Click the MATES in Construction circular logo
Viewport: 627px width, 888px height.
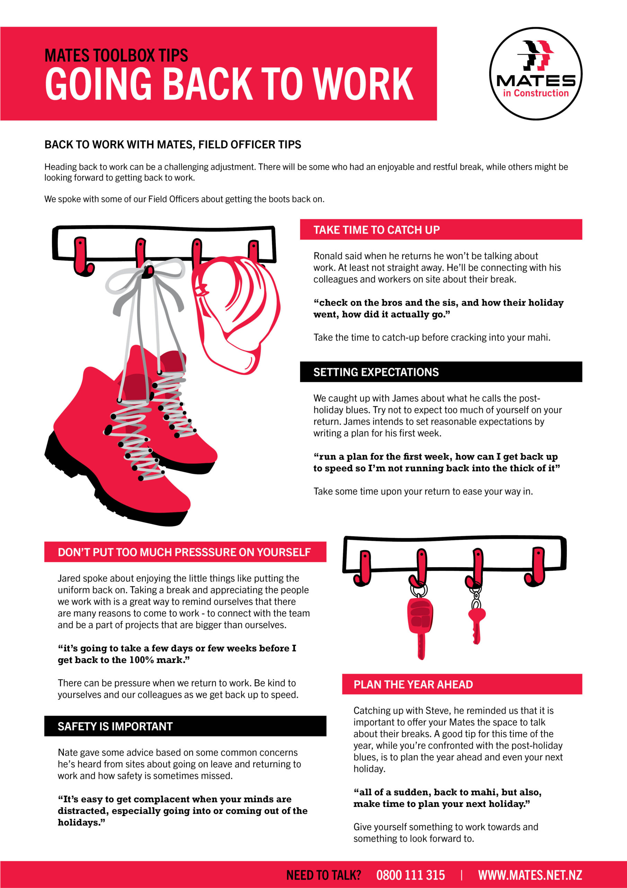[x=536, y=74]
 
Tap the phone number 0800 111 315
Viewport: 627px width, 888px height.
[x=410, y=875]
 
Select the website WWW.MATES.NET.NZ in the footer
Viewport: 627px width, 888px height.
[x=530, y=875]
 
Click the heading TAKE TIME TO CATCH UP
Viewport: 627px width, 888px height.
[x=376, y=230]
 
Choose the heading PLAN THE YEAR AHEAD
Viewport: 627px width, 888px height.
[x=413, y=685]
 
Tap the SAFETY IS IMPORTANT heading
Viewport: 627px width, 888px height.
[x=115, y=726]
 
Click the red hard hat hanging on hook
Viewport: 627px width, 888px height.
[x=236, y=315]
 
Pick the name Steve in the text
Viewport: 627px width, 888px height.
[x=437, y=710]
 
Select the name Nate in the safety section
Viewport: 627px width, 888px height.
[x=68, y=752]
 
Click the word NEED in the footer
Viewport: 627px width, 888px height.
[x=300, y=875]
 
